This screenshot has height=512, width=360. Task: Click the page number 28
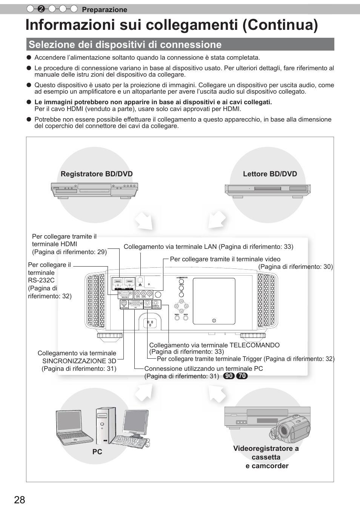pos(20,500)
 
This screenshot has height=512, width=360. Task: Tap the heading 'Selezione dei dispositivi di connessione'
pos(125,45)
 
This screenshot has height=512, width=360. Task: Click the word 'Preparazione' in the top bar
pos(105,10)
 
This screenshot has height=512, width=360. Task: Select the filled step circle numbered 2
pos(42,9)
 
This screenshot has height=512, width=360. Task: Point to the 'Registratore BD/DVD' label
pos(97,174)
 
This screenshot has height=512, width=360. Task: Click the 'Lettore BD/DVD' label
pos(270,174)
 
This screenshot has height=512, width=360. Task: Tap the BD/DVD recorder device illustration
pos(94,190)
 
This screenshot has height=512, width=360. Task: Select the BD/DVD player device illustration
pos(268,190)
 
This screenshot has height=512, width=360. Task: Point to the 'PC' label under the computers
pos(97,452)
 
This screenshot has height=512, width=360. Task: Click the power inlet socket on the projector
pos(151,323)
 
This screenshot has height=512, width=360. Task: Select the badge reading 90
pos(229,376)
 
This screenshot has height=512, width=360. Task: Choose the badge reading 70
pos(242,376)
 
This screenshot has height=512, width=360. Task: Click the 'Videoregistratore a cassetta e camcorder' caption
pos(266,457)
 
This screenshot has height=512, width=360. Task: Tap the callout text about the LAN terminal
pos(208,247)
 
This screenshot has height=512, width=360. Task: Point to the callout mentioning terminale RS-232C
pos(49,281)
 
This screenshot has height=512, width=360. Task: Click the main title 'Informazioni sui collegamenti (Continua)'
pos(172,25)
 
